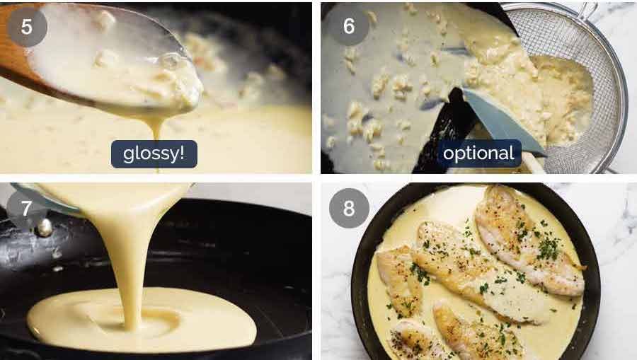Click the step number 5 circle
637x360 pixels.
[x=27, y=26]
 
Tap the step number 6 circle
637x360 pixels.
[x=348, y=26]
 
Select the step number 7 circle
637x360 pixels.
[x=27, y=209]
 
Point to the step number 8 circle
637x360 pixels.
[x=348, y=209]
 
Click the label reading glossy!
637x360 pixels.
[x=154, y=153]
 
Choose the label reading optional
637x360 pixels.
[x=478, y=153]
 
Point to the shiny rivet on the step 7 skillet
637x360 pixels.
[x=44, y=228]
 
